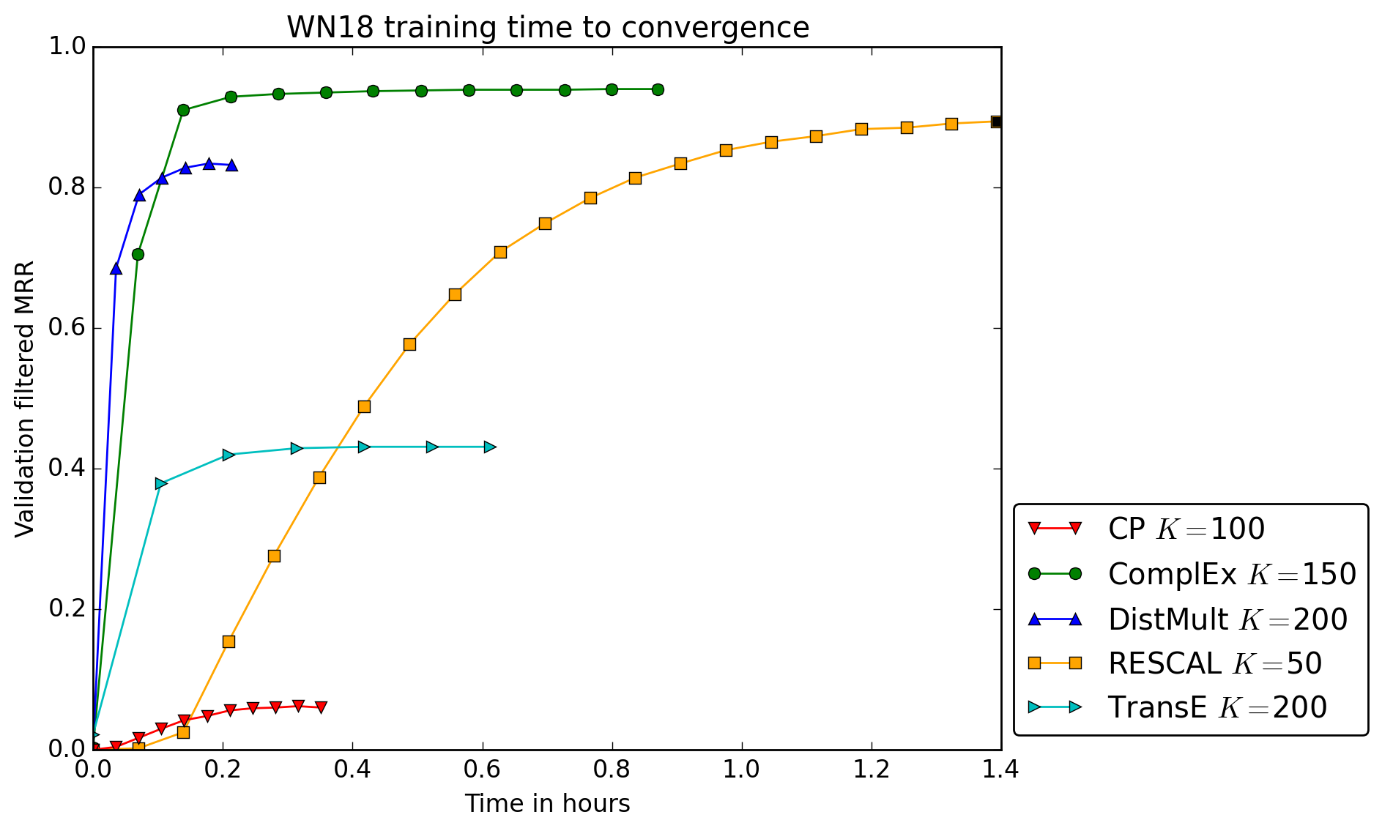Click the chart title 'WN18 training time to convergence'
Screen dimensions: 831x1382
pos(548,28)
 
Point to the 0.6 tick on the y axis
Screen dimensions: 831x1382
pos(67,328)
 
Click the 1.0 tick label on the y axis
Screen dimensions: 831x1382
pos(67,47)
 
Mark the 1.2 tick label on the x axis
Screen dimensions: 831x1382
pos(872,769)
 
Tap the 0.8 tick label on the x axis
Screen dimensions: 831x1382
pos(612,769)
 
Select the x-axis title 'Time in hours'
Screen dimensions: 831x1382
pos(547,804)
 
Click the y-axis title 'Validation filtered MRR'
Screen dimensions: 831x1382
pos(25,398)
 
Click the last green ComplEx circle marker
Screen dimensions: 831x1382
pos(658,89)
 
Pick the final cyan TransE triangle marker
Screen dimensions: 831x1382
pos(490,447)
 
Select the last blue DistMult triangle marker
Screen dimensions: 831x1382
pos(231,166)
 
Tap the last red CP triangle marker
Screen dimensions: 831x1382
pos(321,707)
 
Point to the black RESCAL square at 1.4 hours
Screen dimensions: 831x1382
pos(996,122)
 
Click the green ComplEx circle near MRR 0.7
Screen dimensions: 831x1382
pos(138,254)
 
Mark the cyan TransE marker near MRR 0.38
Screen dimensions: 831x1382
pos(161,483)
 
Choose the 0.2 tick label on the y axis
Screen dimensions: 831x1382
pos(67,609)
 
